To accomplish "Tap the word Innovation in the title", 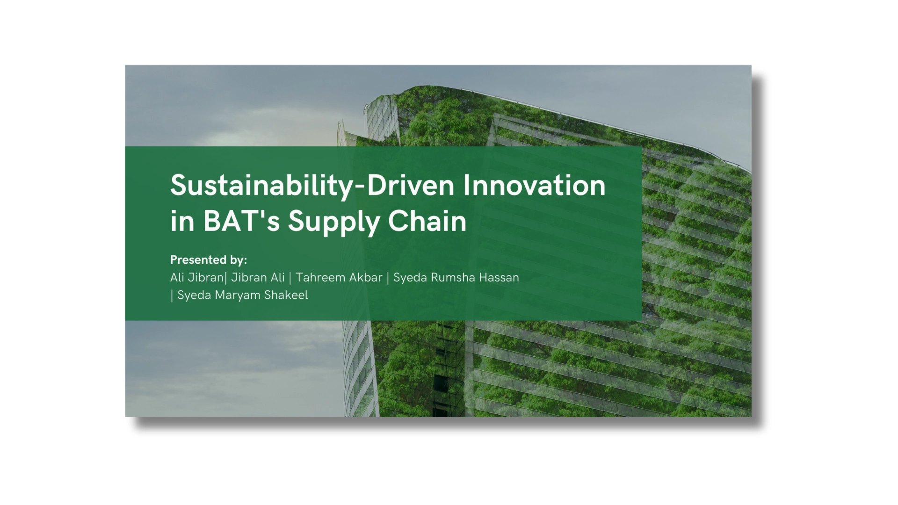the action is tap(535, 185).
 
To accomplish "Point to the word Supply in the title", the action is tap(331, 223).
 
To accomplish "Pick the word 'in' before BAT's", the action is tap(182, 221).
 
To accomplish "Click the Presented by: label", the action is tap(209, 260).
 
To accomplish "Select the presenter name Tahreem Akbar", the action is tap(339, 277).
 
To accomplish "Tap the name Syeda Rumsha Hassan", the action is tap(456, 277).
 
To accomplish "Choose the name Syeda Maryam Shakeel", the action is tap(243, 296).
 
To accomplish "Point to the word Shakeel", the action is tap(286, 295).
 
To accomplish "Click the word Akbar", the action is tap(367, 277).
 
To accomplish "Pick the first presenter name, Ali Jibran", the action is tap(197, 277).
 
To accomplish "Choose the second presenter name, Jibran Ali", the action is tap(258, 277).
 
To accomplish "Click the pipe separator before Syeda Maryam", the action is tap(172, 296).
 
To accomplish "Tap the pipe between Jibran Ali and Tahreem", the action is tap(290, 278).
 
